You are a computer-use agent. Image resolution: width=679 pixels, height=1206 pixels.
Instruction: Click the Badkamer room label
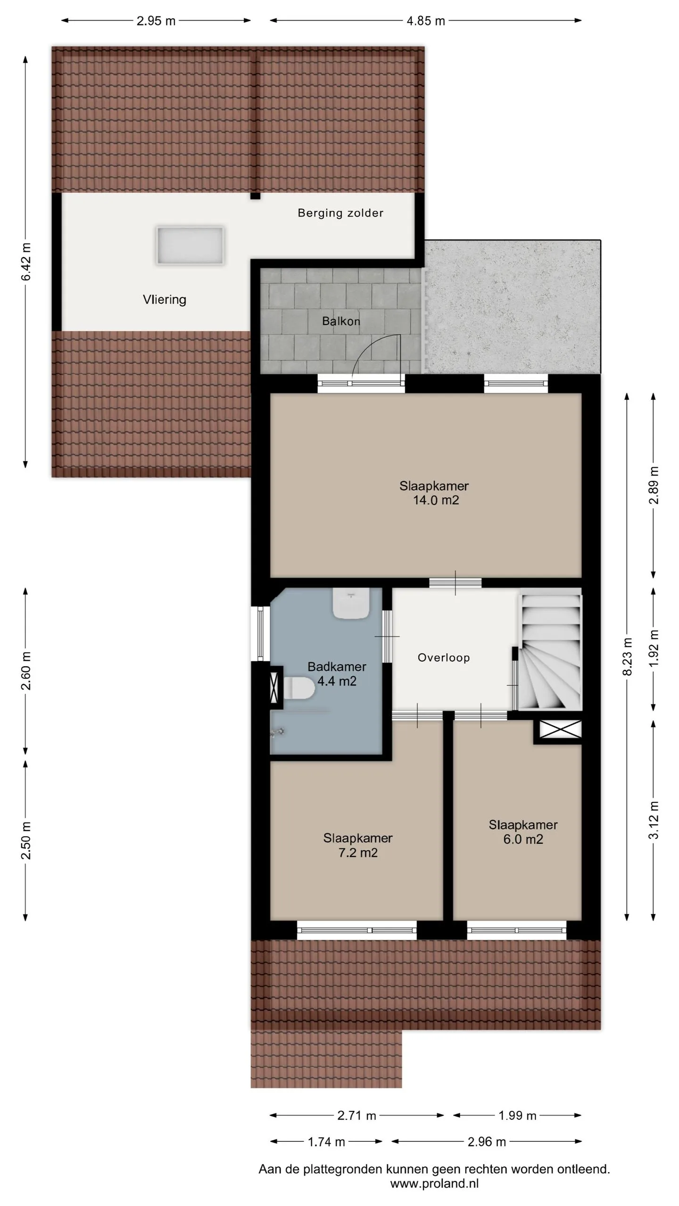[x=337, y=667]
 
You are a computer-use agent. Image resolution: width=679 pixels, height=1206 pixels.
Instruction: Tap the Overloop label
[x=444, y=658]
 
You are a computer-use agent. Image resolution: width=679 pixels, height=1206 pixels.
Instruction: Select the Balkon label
[x=341, y=321]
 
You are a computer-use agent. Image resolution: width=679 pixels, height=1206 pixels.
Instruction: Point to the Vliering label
[x=165, y=300]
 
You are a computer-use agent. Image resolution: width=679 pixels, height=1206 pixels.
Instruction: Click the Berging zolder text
[x=340, y=213]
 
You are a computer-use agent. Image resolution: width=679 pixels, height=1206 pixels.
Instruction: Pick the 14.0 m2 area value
[x=436, y=500]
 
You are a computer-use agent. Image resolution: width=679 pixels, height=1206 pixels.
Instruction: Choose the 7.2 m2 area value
[x=358, y=853]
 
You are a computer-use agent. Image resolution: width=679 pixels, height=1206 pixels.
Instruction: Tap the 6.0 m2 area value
[x=523, y=839]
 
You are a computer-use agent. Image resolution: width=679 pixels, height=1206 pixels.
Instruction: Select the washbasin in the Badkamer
[x=351, y=603]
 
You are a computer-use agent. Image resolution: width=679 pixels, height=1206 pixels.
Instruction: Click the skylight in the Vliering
[x=190, y=245]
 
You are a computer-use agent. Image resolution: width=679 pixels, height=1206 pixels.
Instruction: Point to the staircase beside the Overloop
[x=550, y=652]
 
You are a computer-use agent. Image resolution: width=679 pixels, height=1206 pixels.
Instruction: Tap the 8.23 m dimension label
[x=627, y=657]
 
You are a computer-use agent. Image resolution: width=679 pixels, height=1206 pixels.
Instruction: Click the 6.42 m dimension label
[x=26, y=261]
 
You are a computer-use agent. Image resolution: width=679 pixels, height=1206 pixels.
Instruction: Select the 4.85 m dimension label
[x=426, y=21]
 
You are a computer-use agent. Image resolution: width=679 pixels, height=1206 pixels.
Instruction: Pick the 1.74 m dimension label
[x=326, y=1142]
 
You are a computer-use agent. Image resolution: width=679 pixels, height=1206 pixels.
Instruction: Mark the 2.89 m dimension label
[x=654, y=485]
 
